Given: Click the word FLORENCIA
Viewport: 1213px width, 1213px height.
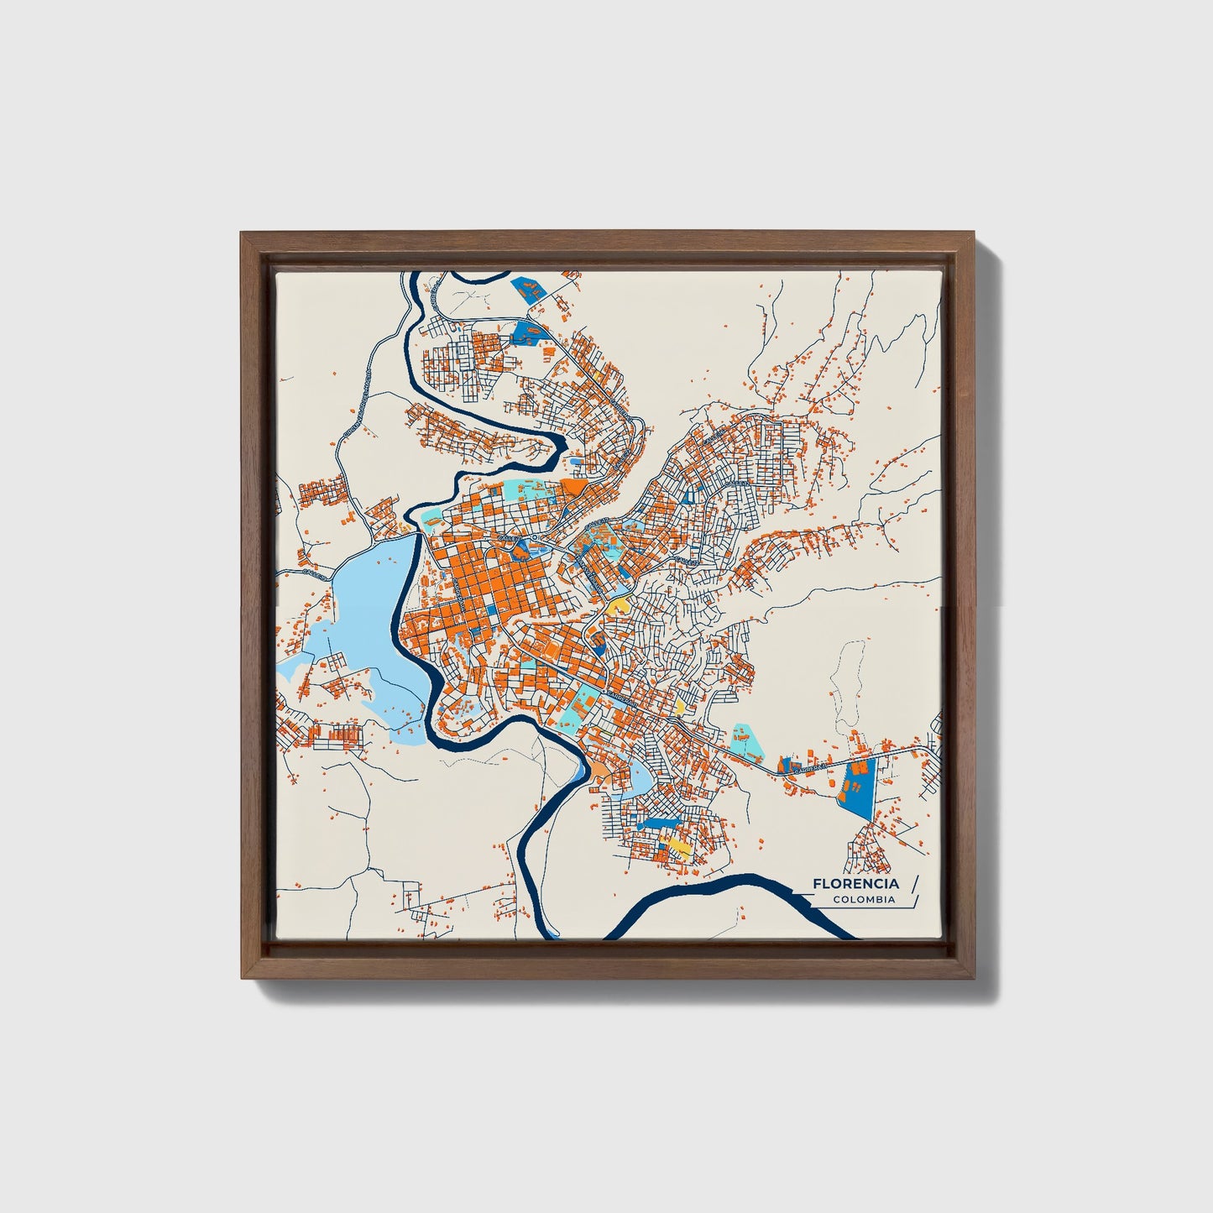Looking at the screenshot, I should (x=855, y=884).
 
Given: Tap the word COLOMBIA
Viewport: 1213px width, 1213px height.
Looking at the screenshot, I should (x=864, y=900).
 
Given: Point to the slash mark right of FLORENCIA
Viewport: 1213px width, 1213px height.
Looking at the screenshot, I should (x=913, y=884).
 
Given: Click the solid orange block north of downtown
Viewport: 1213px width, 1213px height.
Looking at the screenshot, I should (x=577, y=487).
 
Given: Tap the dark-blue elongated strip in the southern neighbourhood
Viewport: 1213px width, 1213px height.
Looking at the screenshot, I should (x=663, y=820).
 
